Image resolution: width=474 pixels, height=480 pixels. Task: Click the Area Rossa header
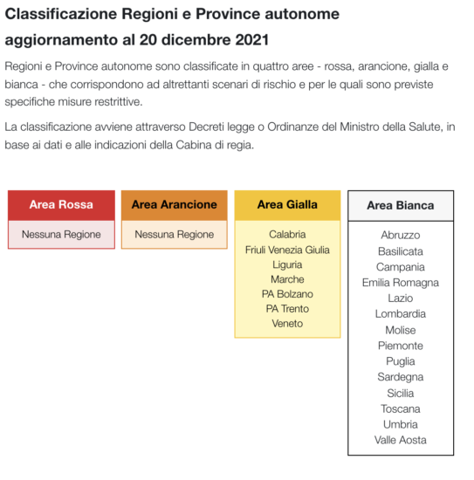click(x=61, y=204)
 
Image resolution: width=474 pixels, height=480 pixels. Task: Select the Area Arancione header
click(x=174, y=204)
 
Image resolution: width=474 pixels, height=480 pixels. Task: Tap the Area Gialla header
click(x=287, y=204)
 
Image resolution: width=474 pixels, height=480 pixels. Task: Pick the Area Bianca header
click(x=400, y=205)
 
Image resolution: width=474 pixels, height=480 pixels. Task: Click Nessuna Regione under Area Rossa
click(x=61, y=234)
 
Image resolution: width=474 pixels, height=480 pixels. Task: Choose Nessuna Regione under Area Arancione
click(x=174, y=234)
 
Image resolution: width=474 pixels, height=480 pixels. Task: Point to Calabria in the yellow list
click(x=287, y=234)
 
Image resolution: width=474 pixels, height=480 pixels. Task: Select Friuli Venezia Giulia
click(x=287, y=250)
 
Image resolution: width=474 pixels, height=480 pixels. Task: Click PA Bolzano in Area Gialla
click(x=287, y=294)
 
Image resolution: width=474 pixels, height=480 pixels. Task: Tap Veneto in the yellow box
click(x=287, y=324)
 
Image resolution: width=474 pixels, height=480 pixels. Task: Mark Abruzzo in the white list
click(x=400, y=235)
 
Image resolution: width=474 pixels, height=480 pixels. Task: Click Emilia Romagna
click(x=400, y=283)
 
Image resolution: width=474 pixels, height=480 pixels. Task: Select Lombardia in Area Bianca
click(x=400, y=314)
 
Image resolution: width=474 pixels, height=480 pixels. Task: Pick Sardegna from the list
click(x=400, y=377)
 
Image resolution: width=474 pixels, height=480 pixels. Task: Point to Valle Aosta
click(x=400, y=440)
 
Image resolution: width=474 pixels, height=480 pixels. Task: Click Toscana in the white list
click(x=400, y=408)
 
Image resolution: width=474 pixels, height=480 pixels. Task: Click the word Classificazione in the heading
click(x=62, y=15)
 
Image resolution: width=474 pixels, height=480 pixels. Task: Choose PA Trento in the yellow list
click(x=287, y=309)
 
